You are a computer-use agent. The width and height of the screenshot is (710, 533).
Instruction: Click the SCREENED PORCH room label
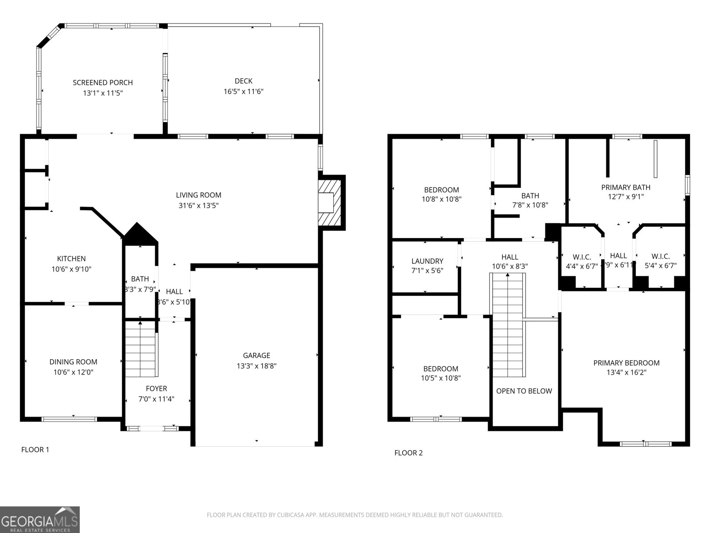pos(103,83)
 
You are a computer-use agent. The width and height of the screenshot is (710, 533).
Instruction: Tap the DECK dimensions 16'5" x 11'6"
pos(243,91)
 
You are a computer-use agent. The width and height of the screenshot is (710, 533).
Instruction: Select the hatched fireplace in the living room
pos(331,202)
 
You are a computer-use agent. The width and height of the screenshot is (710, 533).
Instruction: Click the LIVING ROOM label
pos(198,195)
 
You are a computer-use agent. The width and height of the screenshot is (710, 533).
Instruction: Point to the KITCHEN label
pos(71,259)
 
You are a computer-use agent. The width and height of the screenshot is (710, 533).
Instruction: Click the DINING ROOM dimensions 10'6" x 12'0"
pos(73,373)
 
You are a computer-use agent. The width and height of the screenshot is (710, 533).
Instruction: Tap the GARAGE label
pos(256,355)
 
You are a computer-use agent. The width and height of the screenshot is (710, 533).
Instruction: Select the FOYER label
pos(156,389)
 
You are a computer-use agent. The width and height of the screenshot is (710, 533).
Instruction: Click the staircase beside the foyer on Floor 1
pos(141,349)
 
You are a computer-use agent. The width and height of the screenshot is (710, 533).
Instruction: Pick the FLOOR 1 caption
pos(35,449)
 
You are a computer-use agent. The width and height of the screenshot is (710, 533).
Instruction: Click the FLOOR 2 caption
pos(408,453)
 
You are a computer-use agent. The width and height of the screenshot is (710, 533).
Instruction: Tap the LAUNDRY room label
pos(427,261)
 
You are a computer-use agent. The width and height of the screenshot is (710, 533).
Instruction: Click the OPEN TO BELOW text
pos(524,391)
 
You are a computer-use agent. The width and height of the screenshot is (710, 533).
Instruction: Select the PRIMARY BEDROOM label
pos(626,363)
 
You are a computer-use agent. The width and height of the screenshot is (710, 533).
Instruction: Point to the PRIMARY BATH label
pos(626,187)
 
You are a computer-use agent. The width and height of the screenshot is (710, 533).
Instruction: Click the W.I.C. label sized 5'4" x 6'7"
pos(660,257)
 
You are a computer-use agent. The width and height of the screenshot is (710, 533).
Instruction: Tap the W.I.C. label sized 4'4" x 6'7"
pos(581,257)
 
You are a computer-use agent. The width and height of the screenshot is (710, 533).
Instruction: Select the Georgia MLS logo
pos(40,520)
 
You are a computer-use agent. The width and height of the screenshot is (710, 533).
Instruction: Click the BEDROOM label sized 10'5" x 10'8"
pos(441,369)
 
